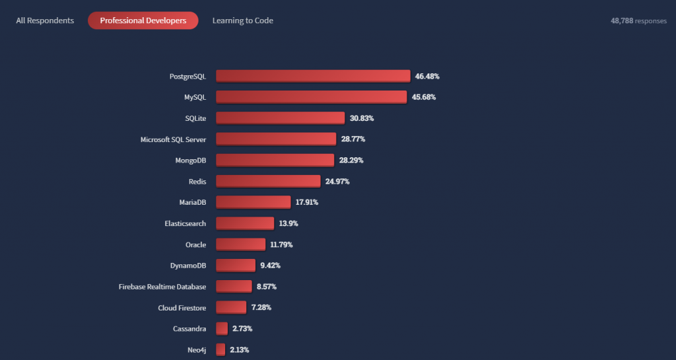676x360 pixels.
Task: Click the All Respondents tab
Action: pyautogui.click(x=45, y=20)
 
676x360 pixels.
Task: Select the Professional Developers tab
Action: pyautogui.click(x=143, y=20)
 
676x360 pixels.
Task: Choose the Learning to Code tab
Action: pyautogui.click(x=242, y=20)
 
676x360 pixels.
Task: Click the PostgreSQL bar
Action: pyautogui.click(x=313, y=76)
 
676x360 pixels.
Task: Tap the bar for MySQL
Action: pyautogui.click(x=311, y=97)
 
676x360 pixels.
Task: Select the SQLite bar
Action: pyautogui.click(x=280, y=118)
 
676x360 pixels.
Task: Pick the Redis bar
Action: pyautogui.click(x=268, y=181)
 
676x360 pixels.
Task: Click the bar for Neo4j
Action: pyautogui.click(x=220, y=349)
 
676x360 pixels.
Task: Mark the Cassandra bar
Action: pyautogui.click(x=222, y=328)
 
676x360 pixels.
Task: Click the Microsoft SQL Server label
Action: pyautogui.click(x=173, y=139)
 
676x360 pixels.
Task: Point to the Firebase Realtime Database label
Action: pyautogui.click(x=162, y=287)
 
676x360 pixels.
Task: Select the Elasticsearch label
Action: pyautogui.click(x=185, y=223)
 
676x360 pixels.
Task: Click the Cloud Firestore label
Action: pyautogui.click(x=182, y=308)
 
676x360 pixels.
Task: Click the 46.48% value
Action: pyautogui.click(x=427, y=77)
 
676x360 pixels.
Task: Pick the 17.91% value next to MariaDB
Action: pyautogui.click(x=307, y=202)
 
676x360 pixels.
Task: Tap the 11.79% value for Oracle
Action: pyautogui.click(x=281, y=244)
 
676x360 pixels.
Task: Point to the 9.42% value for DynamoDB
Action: pyautogui.click(x=271, y=266)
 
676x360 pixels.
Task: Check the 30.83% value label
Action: pyautogui.click(x=362, y=118)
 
